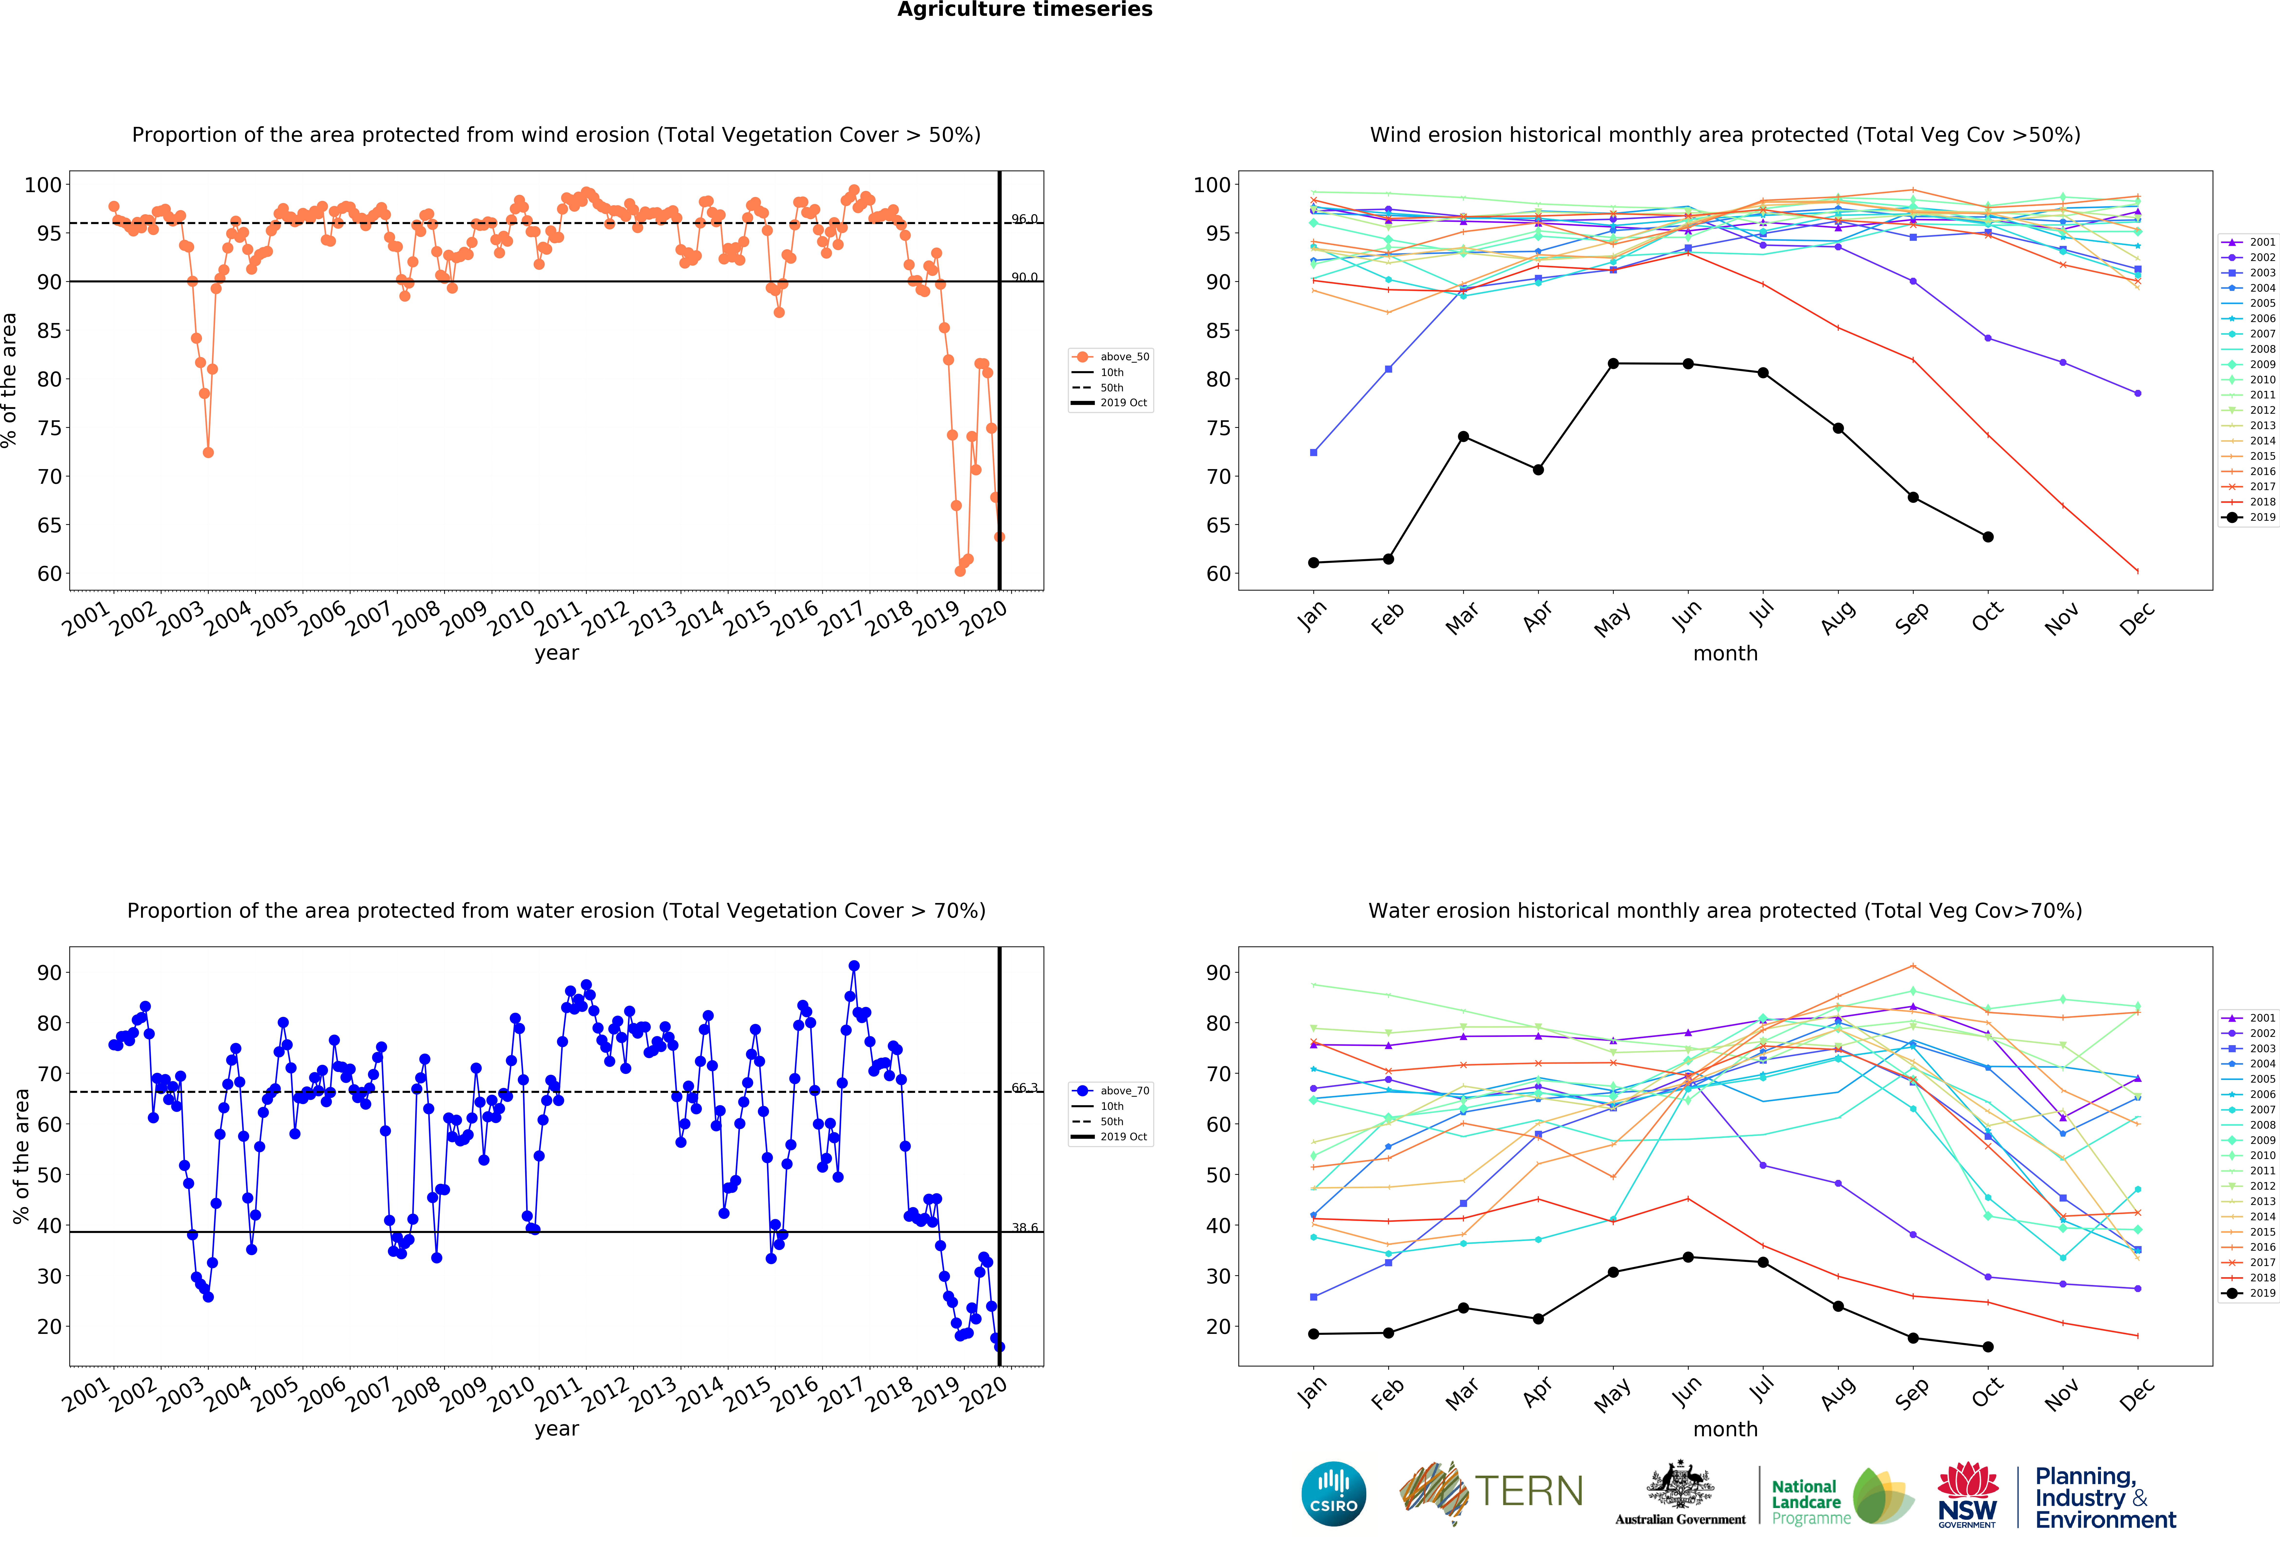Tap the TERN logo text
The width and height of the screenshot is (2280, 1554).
1529,1491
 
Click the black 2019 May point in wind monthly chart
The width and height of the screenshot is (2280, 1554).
1613,364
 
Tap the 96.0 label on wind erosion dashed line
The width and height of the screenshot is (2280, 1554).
1024,219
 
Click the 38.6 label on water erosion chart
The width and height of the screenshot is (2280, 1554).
1024,1227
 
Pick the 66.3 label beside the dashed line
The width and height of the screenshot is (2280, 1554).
1024,1087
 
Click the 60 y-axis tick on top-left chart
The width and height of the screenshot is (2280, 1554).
49,574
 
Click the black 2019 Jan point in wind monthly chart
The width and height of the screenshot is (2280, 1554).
1314,562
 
